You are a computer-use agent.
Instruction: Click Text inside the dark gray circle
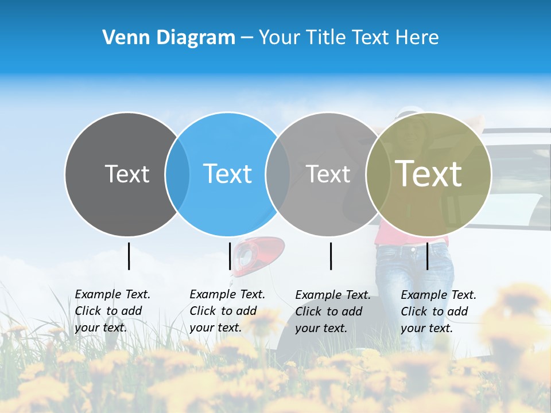[x=127, y=174]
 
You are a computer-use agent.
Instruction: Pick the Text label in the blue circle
[x=228, y=174]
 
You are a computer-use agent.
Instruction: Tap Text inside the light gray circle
[x=328, y=174]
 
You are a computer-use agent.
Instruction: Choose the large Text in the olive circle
[x=429, y=174]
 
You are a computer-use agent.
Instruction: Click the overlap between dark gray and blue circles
[x=177, y=174]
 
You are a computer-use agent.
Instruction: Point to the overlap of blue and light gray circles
[x=278, y=174]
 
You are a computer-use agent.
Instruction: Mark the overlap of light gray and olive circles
[x=378, y=174]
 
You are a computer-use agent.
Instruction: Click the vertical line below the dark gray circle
[x=129, y=256]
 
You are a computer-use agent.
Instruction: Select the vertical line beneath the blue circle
[x=230, y=256]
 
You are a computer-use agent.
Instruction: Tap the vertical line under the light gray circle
[x=331, y=256]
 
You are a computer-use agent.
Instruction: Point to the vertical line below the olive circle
[x=428, y=256]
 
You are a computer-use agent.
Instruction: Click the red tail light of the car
[x=264, y=252]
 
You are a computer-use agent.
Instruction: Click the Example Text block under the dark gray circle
[x=112, y=311]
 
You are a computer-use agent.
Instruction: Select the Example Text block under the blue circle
[x=227, y=311]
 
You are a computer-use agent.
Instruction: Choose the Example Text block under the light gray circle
[x=333, y=311]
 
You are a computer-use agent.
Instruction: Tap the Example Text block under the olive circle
[x=439, y=311]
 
